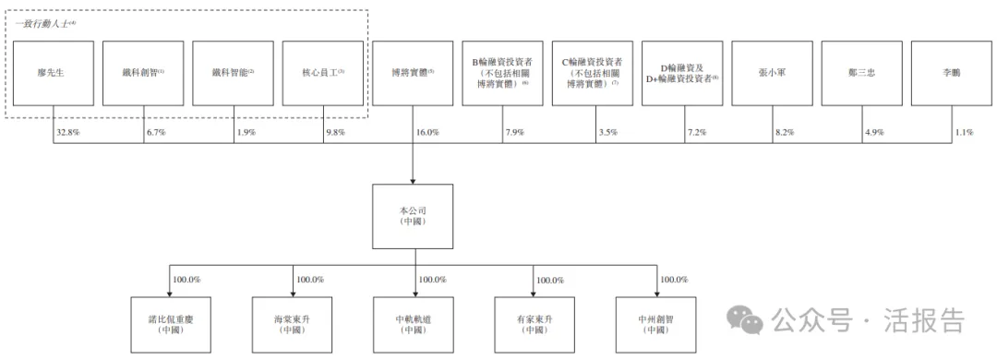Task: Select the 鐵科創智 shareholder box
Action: click(x=143, y=72)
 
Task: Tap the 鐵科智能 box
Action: click(x=233, y=72)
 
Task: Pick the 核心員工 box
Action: click(x=323, y=72)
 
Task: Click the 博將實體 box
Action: click(x=413, y=72)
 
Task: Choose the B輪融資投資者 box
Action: click(x=502, y=72)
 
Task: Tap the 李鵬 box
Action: click(x=951, y=72)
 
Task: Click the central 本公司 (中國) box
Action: click(x=413, y=216)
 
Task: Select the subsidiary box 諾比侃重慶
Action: click(x=172, y=324)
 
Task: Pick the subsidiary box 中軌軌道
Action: click(x=413, y=324)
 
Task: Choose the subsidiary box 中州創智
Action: click(x=655, y=324)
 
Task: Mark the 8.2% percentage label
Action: click(x=784, y=132)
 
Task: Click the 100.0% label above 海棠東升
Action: click(x=309, y=279)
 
